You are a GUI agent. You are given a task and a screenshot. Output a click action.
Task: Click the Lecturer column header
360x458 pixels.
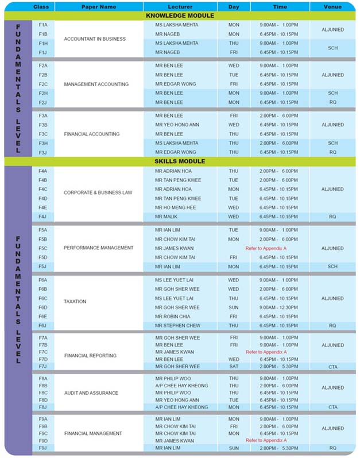[180, 7]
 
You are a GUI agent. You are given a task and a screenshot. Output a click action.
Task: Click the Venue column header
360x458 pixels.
[332, 7]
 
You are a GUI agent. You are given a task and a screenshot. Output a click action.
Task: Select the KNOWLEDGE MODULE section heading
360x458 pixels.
[180, 16]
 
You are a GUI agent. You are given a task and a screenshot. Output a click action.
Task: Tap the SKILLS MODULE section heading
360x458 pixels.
[180, 161]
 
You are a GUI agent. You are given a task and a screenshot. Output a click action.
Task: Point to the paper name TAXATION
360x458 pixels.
[75, 301]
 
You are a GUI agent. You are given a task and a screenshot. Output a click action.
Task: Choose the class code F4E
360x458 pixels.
[43, 207]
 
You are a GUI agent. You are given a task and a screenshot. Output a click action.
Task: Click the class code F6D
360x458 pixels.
[43, 307]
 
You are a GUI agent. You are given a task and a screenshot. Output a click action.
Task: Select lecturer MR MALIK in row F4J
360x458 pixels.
[166, 217]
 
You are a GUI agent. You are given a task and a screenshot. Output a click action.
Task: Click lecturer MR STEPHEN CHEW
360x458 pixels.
[177, 325]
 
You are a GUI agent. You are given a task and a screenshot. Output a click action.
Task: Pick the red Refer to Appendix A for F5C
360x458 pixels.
[266, 248]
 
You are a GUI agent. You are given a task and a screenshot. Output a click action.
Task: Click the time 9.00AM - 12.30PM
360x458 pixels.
[278, 307]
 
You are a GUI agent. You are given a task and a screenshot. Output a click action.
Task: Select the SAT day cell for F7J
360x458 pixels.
[234, 366]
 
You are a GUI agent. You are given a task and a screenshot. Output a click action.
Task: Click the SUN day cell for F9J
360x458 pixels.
[234, 448]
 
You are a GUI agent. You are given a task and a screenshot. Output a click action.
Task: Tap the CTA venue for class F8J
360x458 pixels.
[332, 407]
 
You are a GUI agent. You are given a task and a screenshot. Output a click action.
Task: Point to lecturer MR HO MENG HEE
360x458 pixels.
[176, 207]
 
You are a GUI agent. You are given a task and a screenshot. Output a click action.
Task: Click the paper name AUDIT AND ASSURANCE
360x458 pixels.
[91, 393]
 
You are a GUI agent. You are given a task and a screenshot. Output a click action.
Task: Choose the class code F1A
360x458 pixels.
[43, 25]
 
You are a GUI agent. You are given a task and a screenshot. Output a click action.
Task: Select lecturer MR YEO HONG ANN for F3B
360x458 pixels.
[177, 125]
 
